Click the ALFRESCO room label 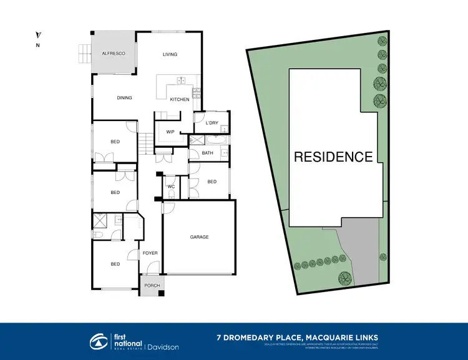coord(114,54)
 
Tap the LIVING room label coord(170,54)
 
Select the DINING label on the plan coord(124,97)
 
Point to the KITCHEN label coord(180,100)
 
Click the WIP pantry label coord(170,131)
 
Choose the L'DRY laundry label coord(211,123)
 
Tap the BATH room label coord(208,153)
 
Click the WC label coord(170,187)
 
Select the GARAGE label coord(199,237)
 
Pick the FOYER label coord(150,253)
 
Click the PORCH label coord(152,285)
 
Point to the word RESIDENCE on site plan coord(333,157)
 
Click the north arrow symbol coord(38,36)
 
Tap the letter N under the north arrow coord(38,46)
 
